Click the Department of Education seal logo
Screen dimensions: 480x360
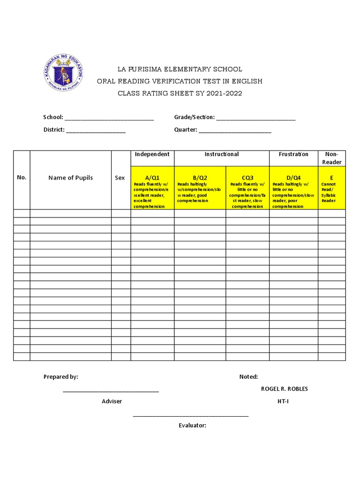(63, 72)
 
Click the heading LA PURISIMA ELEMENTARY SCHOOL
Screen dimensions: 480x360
(180, 69)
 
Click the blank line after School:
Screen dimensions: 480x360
(109, 118)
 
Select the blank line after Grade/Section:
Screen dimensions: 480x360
(255, 118)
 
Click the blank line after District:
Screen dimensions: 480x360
(96, 130)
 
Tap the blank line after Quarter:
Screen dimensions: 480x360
(235, 130)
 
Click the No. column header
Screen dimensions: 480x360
(22, 178)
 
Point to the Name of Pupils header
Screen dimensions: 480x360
(70, 178)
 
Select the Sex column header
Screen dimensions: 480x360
(120, 178)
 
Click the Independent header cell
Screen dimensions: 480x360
(152, 154)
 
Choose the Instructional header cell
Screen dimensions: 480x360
(222, 154)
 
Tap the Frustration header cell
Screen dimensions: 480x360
(293, 154)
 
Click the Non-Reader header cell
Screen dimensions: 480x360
(331, 158)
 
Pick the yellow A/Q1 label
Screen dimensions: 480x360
(152, 178)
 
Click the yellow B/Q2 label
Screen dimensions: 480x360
(200, 178)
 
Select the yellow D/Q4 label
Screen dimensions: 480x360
(293, 178)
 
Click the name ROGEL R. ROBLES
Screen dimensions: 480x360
(285, 389)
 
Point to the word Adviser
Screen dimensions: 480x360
(112, 401)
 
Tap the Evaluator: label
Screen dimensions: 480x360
(192, 426)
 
